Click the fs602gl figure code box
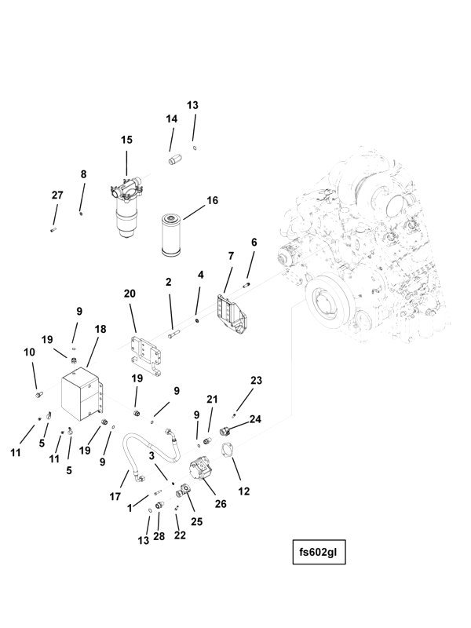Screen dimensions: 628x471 click(318, 550)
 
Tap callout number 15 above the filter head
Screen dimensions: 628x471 click(126, 140)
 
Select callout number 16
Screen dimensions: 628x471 click(211, 201)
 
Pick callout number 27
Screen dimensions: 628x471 click(57, 195)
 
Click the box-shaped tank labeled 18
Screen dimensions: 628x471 click(82, 396)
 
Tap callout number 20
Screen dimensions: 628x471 click(130, 294)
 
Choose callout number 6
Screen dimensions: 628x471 click(254, 243)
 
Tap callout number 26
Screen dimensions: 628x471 click(221, 504)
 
